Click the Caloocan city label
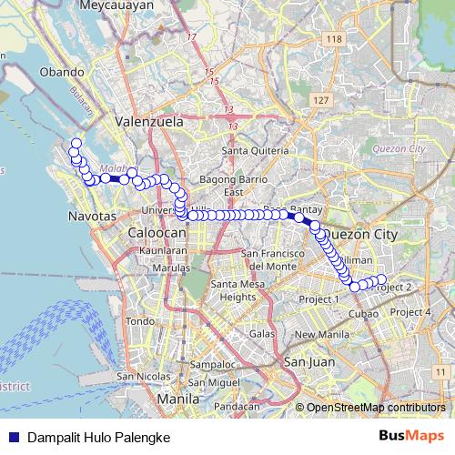click(157, 233)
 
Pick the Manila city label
click(178, 399)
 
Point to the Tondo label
click(139, 321)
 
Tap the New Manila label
click(318, 334)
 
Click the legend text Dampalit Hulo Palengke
click(98, 437)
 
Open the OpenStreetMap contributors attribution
click(375, 408)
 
